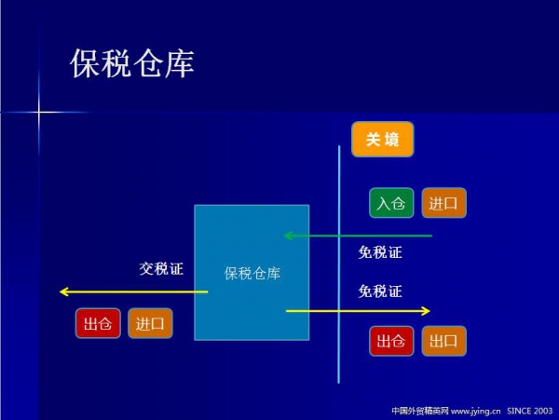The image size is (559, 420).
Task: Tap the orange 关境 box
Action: pyautogui.click(x=382, y=140)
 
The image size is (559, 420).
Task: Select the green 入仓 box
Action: pyautogui.click(x=391, y=203)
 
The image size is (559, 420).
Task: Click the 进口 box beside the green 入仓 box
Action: pyautogui.click(x=443, y=203)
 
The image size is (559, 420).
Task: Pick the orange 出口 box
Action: pyautogui.click(x=443, y=342)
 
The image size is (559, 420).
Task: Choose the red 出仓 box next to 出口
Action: pyautogui.click(x=391, y=342)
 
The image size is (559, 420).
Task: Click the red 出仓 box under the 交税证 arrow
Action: pyautogui.click(x=98, y=323)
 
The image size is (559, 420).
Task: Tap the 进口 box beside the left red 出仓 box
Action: pyautogui.click(x=150, y=323)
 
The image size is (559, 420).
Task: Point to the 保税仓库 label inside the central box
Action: pyautogui.click(x=252, y=274)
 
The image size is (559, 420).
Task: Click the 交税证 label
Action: pyautogui.click(x=161, y=269)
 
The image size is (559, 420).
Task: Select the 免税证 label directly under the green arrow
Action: pyautogui.click(x=380, y=251)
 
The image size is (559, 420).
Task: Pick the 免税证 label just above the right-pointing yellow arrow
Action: pyautogui.click(x=380, y=291)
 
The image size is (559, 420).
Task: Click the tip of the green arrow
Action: pyautogui.click(x=285, y=236)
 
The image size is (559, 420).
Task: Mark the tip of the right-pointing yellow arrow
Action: pyautogui.click(x=429, y=310)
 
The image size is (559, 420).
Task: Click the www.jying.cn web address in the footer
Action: pyautogui.click(x=476, y=410)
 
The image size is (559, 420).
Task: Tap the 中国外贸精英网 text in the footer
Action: pyautogui.click(x=420, y=410)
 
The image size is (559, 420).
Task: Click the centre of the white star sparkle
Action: pyautogui.click(x=39, y=113)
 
